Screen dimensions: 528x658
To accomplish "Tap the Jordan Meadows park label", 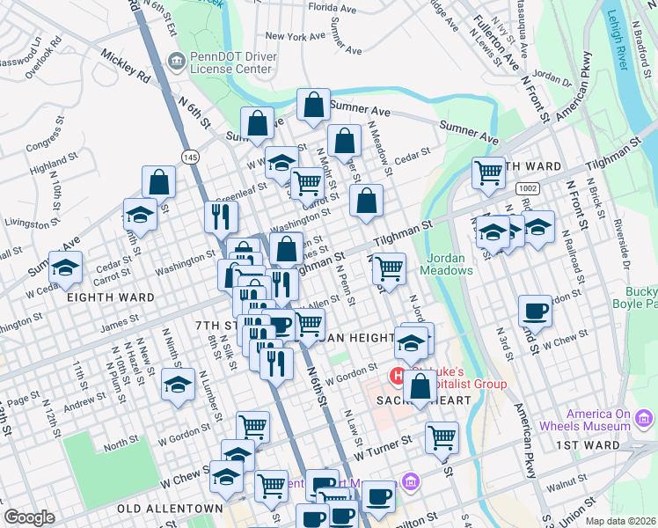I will coord(451,264).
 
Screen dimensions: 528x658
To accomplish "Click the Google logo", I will coord(29,517).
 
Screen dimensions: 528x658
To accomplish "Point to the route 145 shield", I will coord(189,156).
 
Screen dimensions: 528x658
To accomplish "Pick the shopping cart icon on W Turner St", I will coord(442,436).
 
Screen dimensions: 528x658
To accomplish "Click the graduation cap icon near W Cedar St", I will coord(66,268).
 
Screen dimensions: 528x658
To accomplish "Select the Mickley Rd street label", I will coord(124,64).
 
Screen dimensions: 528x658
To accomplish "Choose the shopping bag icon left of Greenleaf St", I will coord(159,182).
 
